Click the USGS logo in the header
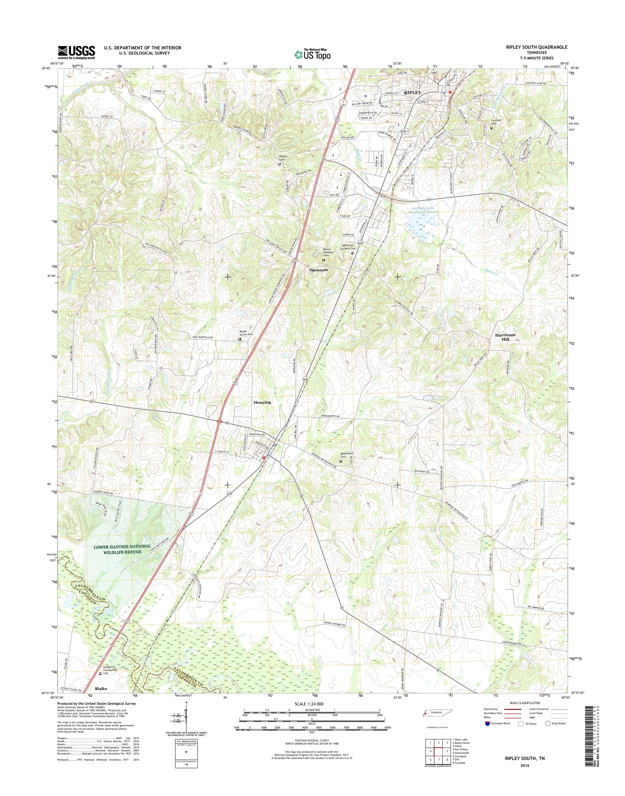[76, 52]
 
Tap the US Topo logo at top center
[312, 54]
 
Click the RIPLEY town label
[412, 93]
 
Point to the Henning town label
[262, 402]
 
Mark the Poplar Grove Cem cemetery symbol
[240, 339]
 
